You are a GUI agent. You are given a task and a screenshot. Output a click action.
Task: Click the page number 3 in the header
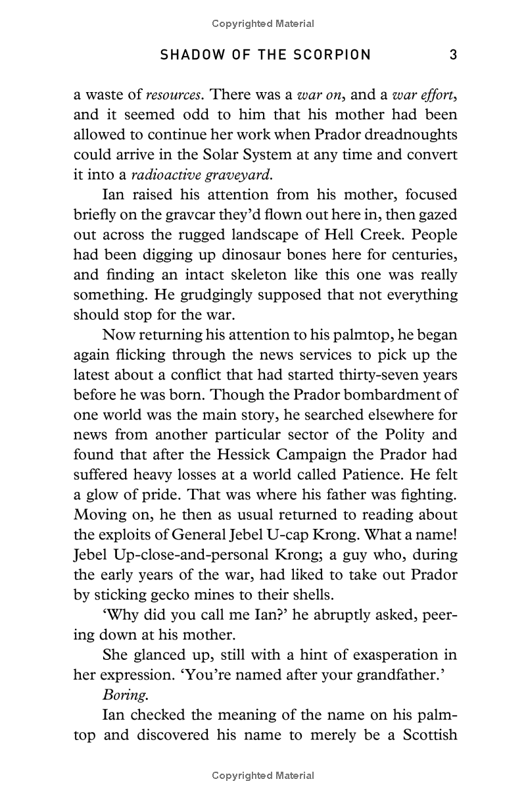click(453, 55)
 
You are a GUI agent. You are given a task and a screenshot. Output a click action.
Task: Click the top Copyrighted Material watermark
click(263, 24)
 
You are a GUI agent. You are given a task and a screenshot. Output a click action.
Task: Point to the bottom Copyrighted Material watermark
click(263, 776)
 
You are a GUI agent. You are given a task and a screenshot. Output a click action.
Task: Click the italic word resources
click(172, 95)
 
